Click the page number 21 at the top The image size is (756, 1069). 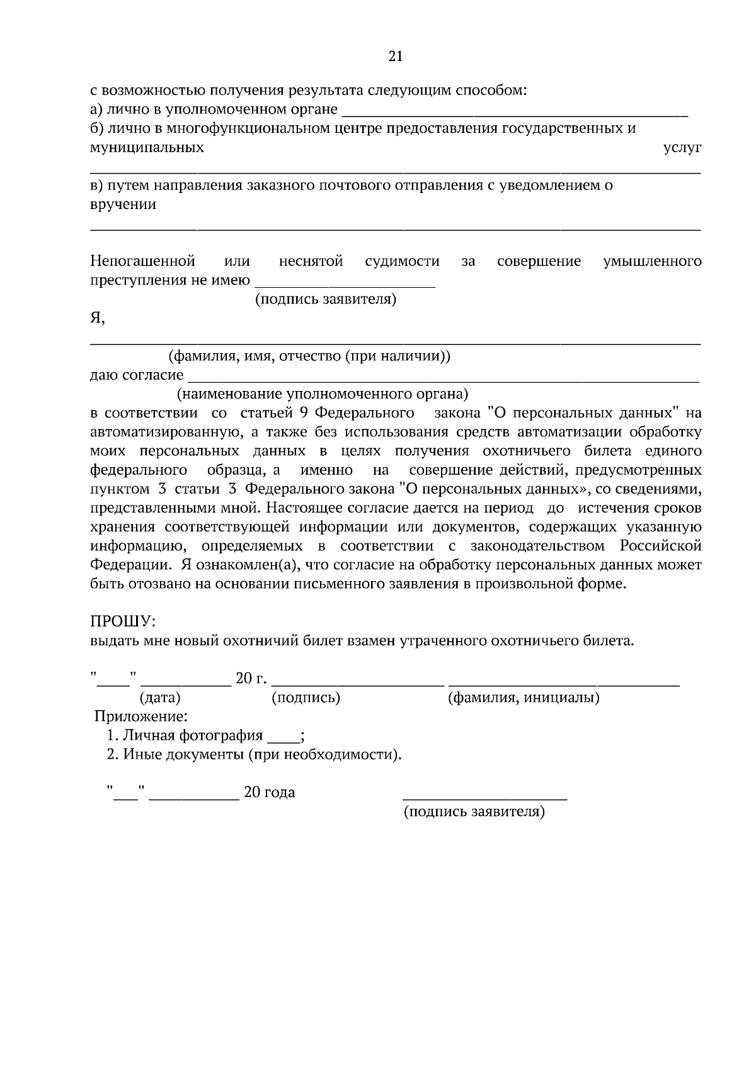coord(395,57)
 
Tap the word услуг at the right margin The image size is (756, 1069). coord(682,148)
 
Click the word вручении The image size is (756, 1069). coord(123,205)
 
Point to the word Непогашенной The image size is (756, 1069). coord(142,261)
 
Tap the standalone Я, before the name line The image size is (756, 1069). coord(97,319)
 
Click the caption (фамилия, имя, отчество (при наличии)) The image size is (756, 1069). coord(309,356)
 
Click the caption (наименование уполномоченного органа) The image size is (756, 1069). coord(322,395)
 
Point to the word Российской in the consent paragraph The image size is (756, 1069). coord(660,545)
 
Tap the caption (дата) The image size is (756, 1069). coord(159,698)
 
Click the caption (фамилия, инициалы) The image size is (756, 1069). coord(523,698)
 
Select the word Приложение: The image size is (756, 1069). coord(140,716)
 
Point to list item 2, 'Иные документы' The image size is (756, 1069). coord(253,754)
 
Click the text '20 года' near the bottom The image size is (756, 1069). coord(269,793)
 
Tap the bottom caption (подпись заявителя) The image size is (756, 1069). coord(474,812)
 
